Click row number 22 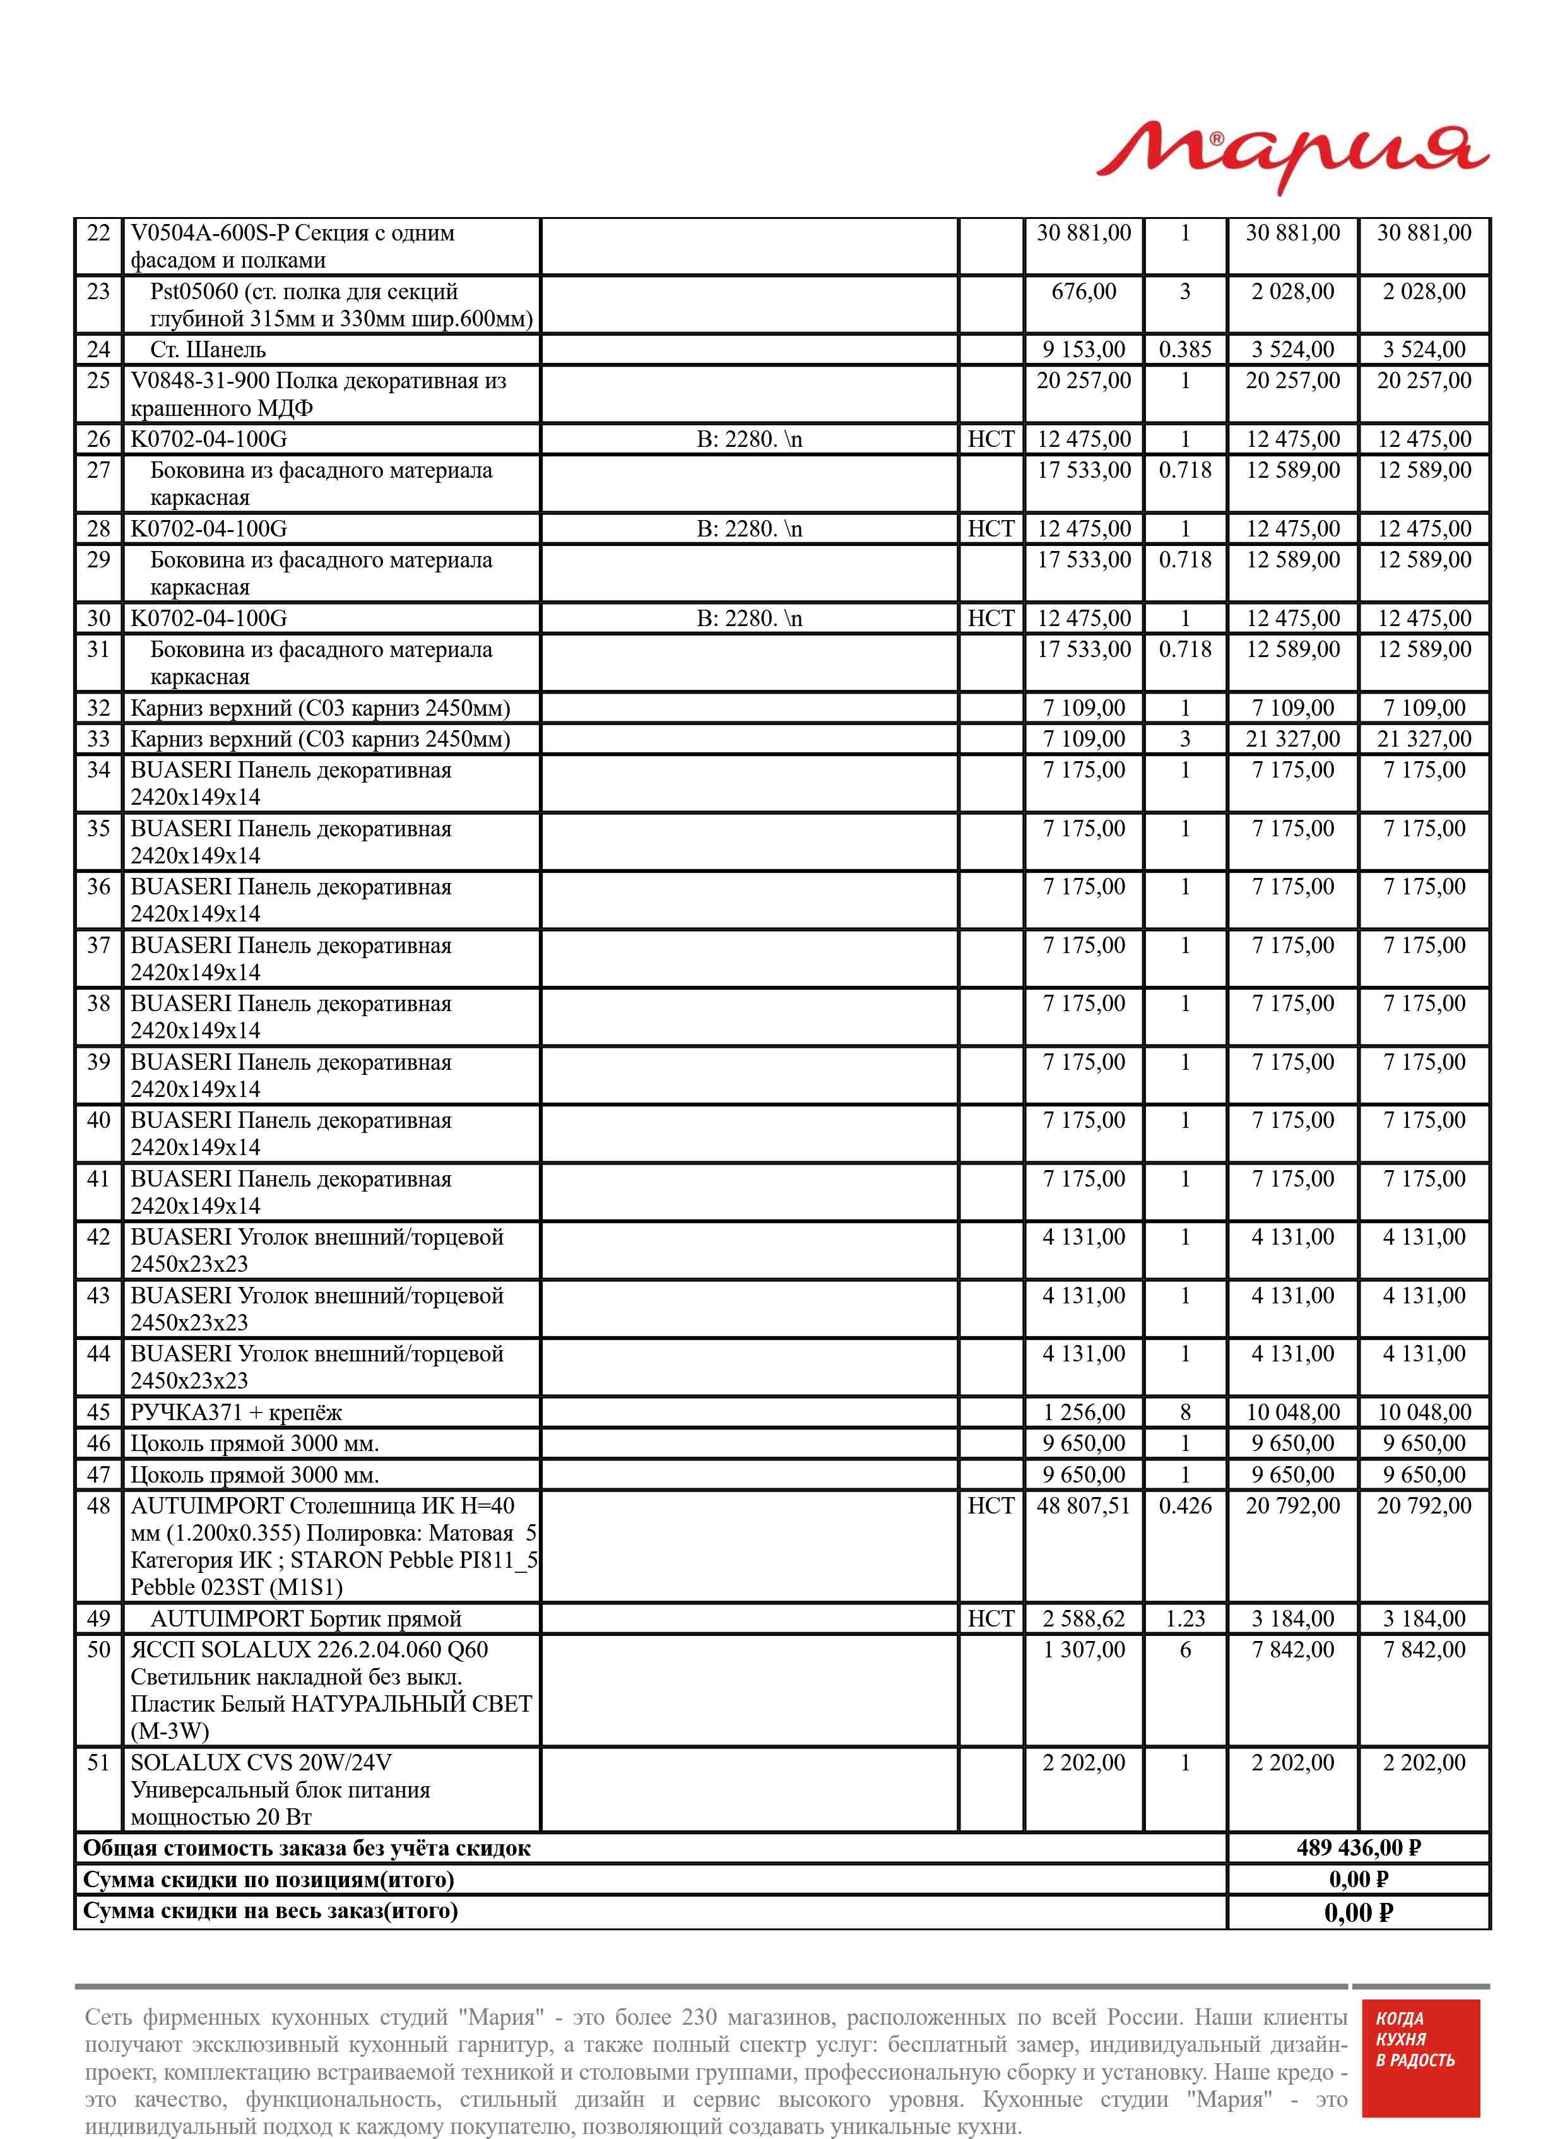click(98, 233)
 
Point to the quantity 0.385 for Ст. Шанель click(1185, 350)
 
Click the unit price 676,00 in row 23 click(1084, 292)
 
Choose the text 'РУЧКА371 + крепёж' click(236, 1413)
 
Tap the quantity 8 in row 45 click(1185, 1413)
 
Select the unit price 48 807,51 click(1084, 1506)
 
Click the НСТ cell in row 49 click(991, 1619)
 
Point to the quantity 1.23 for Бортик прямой click(1185, 1619)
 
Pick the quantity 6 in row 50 click(1185, 1650)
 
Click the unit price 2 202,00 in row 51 click(1084, 1763)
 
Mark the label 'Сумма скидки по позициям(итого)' click(269, 1880)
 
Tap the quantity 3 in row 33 click(1185, 739)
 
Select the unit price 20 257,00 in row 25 click(1084, 381)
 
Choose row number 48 click(98, 1506)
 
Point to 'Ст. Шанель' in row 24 click(208, 350)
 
